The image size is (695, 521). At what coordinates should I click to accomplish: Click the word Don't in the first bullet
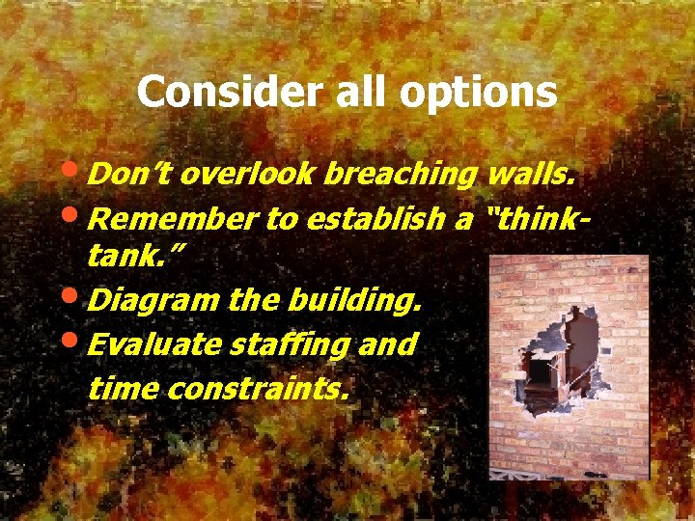point(129,175)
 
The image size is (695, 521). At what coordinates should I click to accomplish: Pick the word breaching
point(401,176)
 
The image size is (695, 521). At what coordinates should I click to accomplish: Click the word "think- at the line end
point(540,219)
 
